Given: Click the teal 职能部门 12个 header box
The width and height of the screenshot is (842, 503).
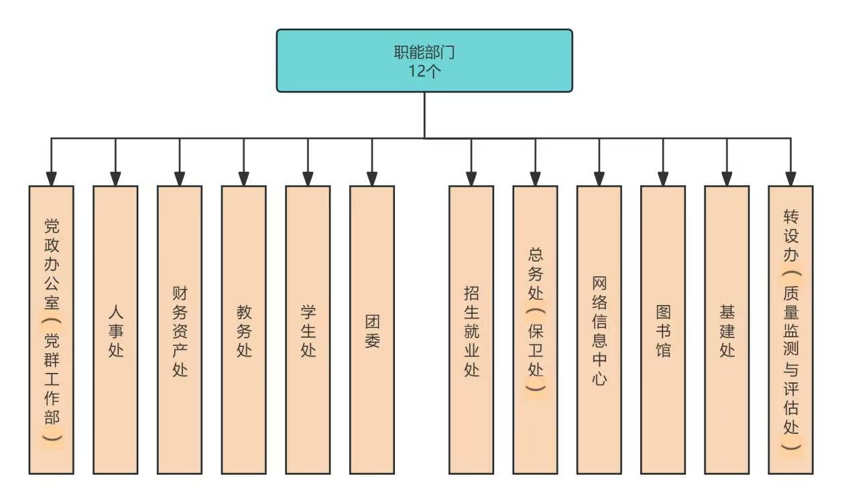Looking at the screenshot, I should coord(424,60).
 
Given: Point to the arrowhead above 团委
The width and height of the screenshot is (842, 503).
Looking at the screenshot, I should coord(371,178).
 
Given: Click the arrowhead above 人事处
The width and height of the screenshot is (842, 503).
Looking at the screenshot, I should coord(115,178).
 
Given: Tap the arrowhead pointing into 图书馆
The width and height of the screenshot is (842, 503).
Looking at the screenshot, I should coord(663,178).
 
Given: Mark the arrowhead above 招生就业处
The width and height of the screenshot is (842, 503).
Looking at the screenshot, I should coord(471,178).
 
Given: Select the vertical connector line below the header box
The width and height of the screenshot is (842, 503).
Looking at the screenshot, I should coord(424,115).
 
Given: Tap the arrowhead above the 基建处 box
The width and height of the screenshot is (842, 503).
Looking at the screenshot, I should coord(727,178).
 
